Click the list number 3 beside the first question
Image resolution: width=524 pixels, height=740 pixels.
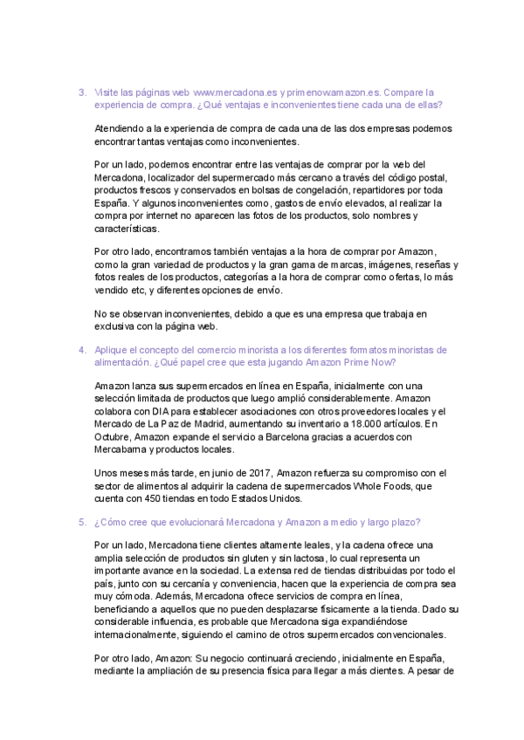[x=80, y=92]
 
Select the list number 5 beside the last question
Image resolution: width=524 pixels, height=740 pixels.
[x=80, y=522]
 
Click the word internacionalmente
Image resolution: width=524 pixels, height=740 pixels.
[x=144, y=634]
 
